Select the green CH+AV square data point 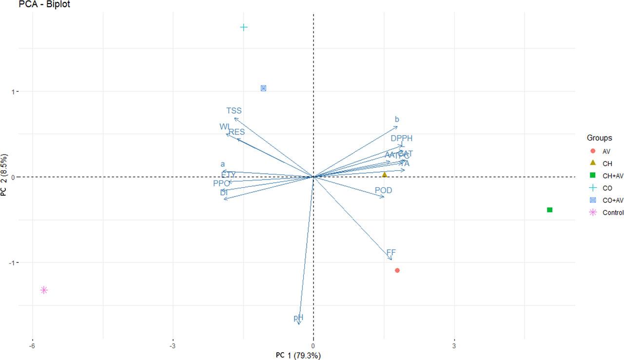(x=549, y=210)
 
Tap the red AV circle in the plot (x=397, y=270)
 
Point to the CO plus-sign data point (x=244, y=27)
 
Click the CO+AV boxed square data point (x=263, y=88)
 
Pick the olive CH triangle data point (x=384, y=174)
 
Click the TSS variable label (x=234, y=111)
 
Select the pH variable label (x=298, y=318)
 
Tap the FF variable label (x=391, y=253)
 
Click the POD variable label (x=383, y=190)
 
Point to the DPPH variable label (x=401, y=139)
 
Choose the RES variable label (x=237, y=132)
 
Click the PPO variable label (x=221, y=183)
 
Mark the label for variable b (x=397, y=120)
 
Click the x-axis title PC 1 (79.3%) (x=298, y=355)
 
